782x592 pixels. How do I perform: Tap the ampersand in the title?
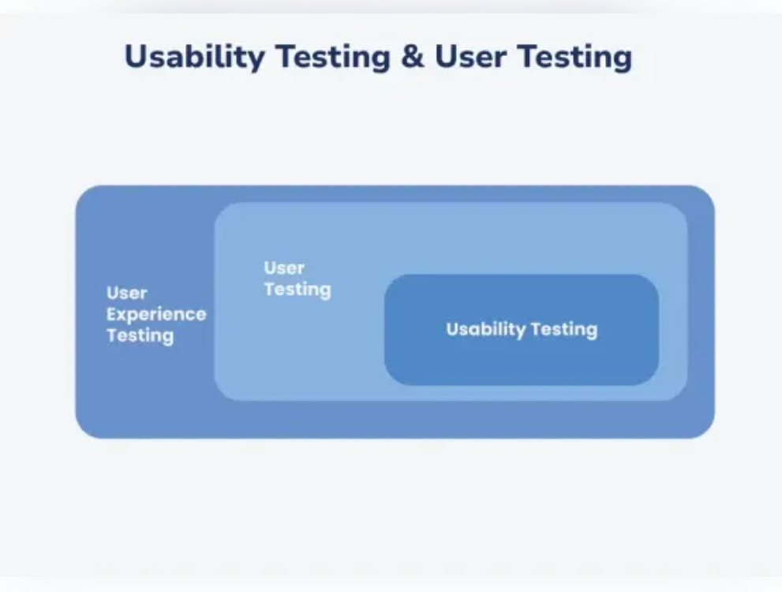(x=413, y=57)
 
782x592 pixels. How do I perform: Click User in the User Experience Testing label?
(x=127, y=293)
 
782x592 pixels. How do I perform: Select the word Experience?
(x=156, y=314)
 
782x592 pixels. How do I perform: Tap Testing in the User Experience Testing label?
(x=140, y=335)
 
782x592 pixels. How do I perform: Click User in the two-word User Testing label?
(x=284, y=268)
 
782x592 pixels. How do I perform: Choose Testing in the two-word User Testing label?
(x=297, y=290)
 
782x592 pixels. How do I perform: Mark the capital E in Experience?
(x=112, y=314)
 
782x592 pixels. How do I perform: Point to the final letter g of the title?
(x=622, y=61)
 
